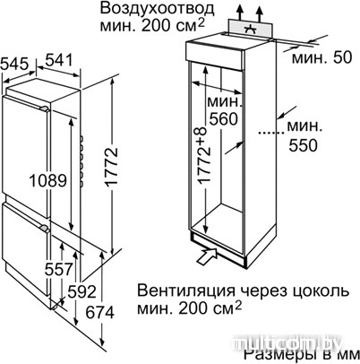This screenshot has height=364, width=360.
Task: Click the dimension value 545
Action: pyautogui.click(x=15, y=64)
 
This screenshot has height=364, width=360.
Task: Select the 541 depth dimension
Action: pyautogui.click(x=59, y=59)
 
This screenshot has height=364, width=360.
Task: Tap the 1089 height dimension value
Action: pyautogui.click(x=48, y=180)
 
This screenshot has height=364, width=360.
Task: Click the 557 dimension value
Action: pyautogui.click(x=59, y=269)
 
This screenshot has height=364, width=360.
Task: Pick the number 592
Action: pyautogui.click(x=81, y=291)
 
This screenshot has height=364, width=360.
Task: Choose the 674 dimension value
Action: pyautogui.click(x=99, y=313)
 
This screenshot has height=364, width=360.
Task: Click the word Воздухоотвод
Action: pyautogui.click(x=157, y=9)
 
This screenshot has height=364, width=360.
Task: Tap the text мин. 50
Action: pyautogui.click(x=322, y=57)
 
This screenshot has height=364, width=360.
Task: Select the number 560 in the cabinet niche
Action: pyautogui.click(x=223, y=119)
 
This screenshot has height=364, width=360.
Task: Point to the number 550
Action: pyautogui.click(x=303, y=145)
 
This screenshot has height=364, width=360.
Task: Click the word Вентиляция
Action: pyautogui.click(x=186, y=290)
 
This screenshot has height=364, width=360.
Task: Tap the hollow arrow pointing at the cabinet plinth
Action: pyautogui.click(x=207, y=256)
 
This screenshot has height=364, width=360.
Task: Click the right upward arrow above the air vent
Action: pyautogui.click(x=260, y=14)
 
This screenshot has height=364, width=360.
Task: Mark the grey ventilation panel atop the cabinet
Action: pyautogui.click(x=251, y=29)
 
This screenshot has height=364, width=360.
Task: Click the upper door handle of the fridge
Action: pyautogui.click(x=43, y=108)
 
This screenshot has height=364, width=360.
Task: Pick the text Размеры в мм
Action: pyautogui.click(x=302, y=355)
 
